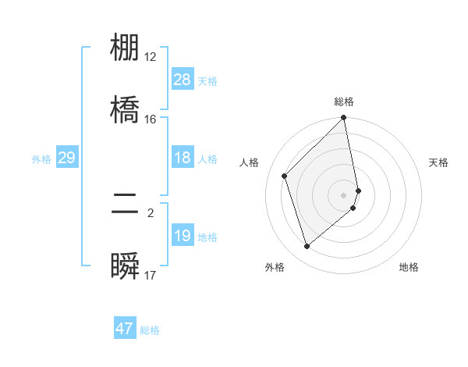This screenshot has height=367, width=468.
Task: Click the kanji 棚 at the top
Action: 125,48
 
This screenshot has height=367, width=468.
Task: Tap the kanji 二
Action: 125,204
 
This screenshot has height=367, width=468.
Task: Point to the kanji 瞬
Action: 125,265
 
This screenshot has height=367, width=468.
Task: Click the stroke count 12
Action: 151,57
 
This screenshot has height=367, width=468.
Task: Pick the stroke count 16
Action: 151,119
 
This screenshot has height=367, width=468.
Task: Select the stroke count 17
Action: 151,275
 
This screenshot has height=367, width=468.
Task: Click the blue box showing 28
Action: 183,80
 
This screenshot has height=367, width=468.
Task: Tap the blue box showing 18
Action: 183,159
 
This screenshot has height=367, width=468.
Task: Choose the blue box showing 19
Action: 183,236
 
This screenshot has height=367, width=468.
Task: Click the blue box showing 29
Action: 66,159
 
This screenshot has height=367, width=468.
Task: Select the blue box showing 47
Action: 125,329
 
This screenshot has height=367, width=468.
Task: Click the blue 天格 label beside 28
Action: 207,80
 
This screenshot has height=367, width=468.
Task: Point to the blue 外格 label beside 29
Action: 41,159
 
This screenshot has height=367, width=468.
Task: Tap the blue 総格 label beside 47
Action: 150,330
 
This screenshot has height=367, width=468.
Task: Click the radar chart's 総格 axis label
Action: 344,102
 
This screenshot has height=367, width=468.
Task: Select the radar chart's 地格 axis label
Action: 409,267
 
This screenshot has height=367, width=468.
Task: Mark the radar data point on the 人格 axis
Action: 285,176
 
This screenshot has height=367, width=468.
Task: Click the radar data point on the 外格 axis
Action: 307,247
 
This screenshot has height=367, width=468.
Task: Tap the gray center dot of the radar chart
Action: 344,194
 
